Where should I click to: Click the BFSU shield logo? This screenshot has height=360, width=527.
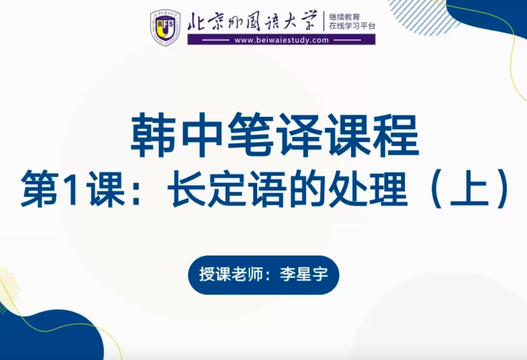click(165, 27)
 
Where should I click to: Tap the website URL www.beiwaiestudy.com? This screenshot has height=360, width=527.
click(282, 40)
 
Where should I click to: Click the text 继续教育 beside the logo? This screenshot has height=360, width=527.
click(344, 17)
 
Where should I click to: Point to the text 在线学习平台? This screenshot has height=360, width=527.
click(352, 26)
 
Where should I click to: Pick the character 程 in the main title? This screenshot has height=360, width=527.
click(396, 135)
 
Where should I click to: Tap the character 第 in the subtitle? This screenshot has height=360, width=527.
click(39, 188)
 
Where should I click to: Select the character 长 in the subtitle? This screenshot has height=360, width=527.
click(187, 188)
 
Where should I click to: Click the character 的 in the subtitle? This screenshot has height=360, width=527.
click(308, 188)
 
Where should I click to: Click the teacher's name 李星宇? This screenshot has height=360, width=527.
click(304, 275)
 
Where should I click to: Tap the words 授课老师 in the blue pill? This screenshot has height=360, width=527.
click(231, 275)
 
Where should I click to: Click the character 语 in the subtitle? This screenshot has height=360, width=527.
click(268, 188)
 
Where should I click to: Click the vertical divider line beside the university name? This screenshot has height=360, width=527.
click(324, 21)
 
